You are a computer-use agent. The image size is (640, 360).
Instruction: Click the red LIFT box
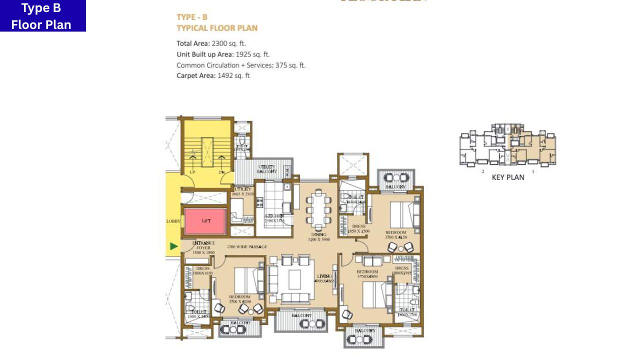pyautogui.click(x=205, y=220)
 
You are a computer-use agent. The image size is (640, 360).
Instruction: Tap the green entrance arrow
pyautogui.click(x=173, y=246)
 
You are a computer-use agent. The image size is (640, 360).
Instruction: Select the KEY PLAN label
pyautogui.click(x=508, y=177)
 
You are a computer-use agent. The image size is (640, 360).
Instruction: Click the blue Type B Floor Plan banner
pyautogui.click(x=42, y=16)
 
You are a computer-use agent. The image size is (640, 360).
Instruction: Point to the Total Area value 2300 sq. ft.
pyautogui.click(x=228, y=43)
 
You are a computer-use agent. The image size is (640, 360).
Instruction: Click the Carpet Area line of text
pyautogui.click(x=213, y=76)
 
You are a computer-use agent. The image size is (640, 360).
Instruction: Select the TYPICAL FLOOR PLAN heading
pyautogui.click(x=217, y=28)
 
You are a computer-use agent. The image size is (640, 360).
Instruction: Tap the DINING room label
pyautogui.click(x=318, y=234)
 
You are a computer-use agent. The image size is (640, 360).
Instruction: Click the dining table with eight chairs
pyautogui.click(x=318, y=209)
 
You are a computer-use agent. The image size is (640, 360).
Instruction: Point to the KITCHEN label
pyautogui.click(x=274, y=216)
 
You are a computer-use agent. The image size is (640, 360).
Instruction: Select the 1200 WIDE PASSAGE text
pyautogui.click(x=246, y=247)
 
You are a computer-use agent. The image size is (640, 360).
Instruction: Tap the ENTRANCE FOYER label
pyautogui.click(x=203, y=245)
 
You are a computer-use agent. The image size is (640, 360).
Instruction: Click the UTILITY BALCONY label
pyautogui.click(x=266, y=169)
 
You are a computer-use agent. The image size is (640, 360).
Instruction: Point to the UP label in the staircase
pyautogui.click(x=192, y=172)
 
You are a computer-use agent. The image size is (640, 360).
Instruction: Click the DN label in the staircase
pyautogui.click(x=221, y=172)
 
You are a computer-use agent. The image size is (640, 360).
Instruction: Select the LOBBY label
pyautogui.click(x=173, y=221)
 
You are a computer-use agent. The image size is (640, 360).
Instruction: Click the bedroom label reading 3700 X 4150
pyautogui.click(x=396, y=235)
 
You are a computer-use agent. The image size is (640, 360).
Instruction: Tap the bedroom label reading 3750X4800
pyautogui.click(x=367, y=274)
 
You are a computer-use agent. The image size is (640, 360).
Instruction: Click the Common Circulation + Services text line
pyautogui.click(x=241, y=65)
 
